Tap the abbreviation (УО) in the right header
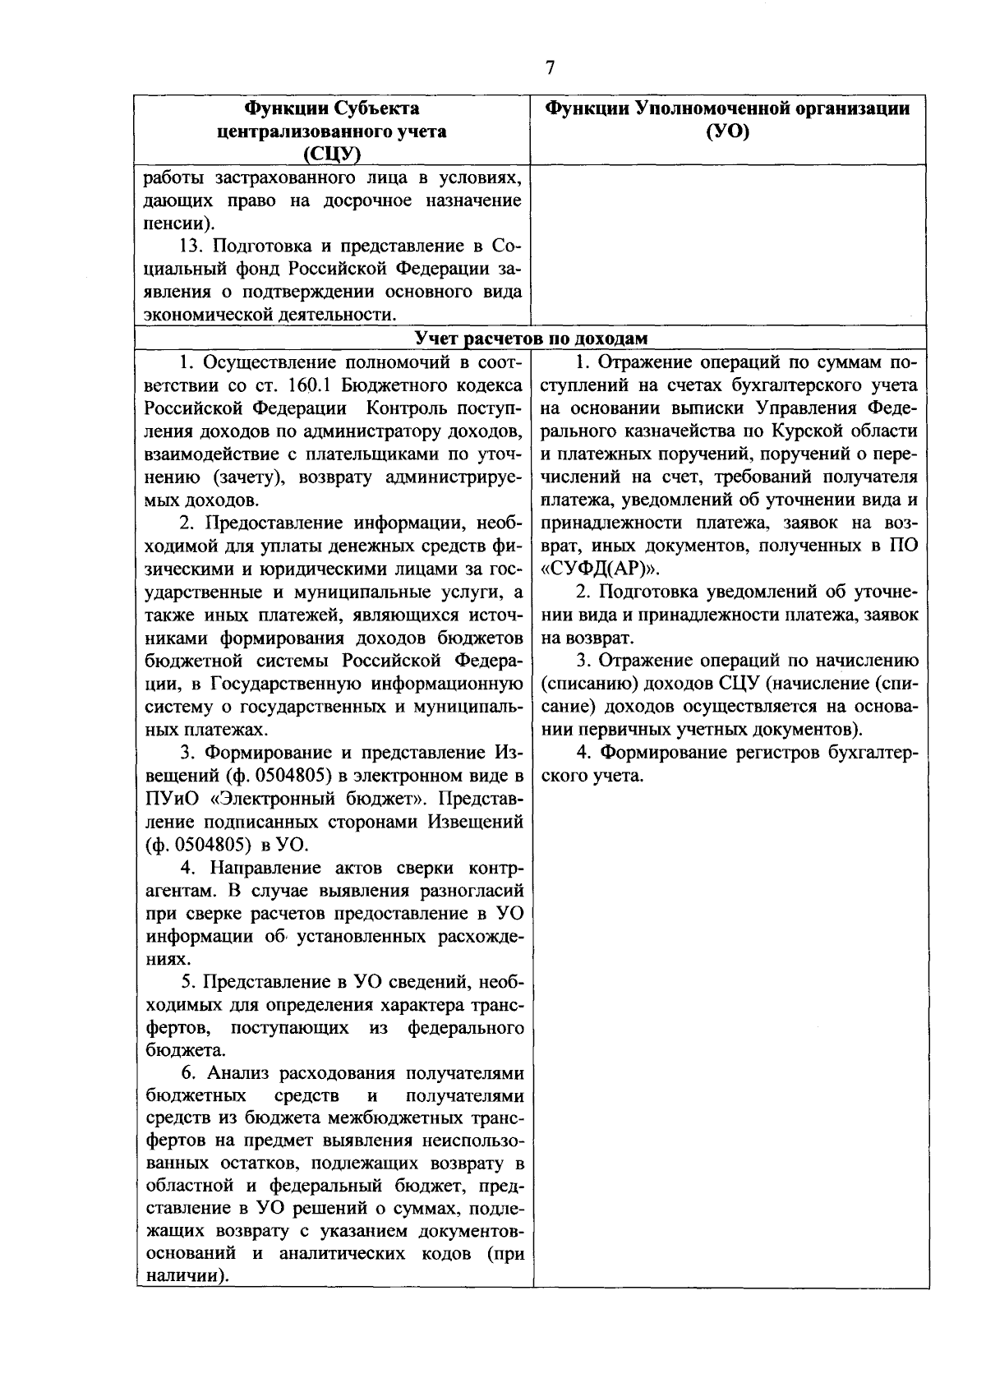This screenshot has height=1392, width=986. pos(728,131)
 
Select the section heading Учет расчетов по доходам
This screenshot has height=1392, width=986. pos(531,339)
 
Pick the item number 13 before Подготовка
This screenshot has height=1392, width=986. pos(191,247)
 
